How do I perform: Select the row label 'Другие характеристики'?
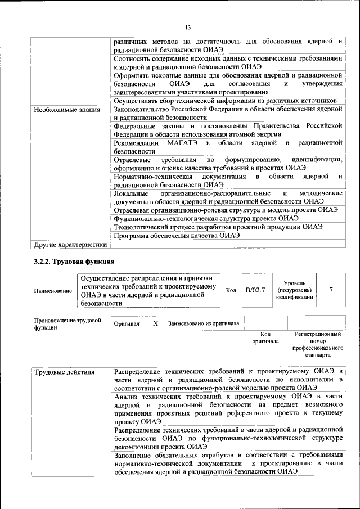(70, 245)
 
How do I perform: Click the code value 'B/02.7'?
(255, 290)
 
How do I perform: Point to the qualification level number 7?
(331, 290)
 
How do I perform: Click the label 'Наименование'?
(53, 291)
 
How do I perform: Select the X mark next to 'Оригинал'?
(155, 324)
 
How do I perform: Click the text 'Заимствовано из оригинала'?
(203, 324)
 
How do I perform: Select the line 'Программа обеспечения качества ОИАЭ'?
(177, 236)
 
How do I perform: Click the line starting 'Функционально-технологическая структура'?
(206, 218)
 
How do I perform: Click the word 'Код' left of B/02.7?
(231, 290)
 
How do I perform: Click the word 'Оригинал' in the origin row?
(127, 325)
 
